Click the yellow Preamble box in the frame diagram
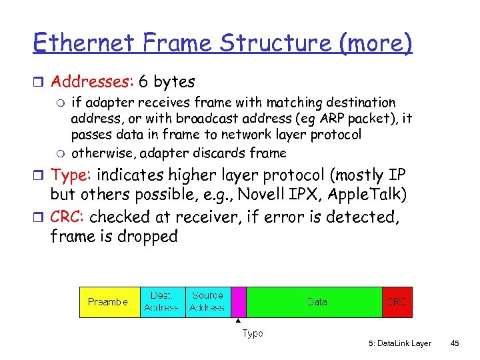tap(109, 302)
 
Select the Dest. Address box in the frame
tap(161, 302)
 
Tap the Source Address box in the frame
tap(207, 302)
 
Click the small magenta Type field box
tap(238, 302)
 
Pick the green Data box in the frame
tap(316, 302)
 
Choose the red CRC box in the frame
tap(397, 302)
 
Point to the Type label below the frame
tap(252, 333)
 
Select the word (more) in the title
tap(375, 43)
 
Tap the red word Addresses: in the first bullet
tap(93, 82)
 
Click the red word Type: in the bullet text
tap(73, 175)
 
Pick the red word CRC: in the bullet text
tap(68, 217)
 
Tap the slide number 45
tap(455, 343)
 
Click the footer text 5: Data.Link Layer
tap(399, 343)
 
